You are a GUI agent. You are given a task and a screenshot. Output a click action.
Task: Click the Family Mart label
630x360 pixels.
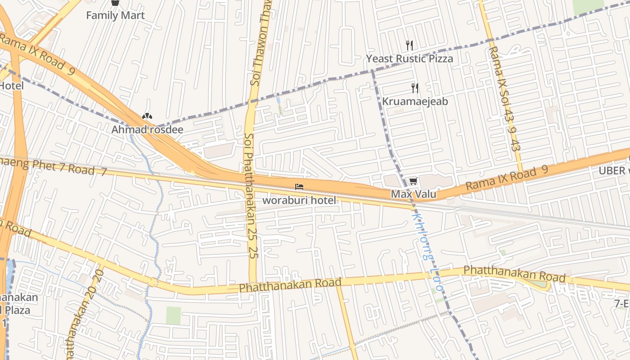pos(115,16)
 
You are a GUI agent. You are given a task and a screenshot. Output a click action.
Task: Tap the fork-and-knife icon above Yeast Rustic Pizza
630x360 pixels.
pos(409,45)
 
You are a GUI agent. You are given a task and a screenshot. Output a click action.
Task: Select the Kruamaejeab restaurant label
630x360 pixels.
pos(415,102)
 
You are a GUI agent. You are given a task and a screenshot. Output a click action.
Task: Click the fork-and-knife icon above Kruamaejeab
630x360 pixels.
pos(415,88)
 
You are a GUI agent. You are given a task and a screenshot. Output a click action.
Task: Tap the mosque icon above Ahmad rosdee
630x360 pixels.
pos(147,117)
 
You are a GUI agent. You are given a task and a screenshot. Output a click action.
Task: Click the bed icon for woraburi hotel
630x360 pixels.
pos(299,186)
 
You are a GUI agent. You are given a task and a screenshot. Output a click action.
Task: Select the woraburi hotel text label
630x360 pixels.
pos(299,200)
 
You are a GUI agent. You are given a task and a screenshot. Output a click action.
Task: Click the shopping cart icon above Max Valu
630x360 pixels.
pos(413,181)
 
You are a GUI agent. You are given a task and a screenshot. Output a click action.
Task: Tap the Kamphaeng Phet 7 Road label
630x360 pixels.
pos(54,166)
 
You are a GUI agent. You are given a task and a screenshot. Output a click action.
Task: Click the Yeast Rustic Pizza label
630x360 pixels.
pos(409,59)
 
